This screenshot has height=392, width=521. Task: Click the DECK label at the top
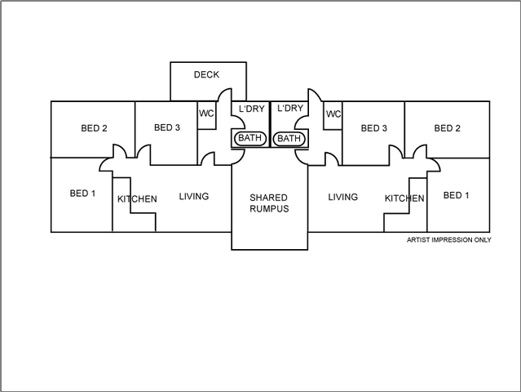click(x=206, y=75)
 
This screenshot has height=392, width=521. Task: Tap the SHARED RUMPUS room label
click(x=269, y=203)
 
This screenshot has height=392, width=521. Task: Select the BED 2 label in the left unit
click(x=95, y=128)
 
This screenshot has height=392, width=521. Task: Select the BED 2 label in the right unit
click(x=448, y=128)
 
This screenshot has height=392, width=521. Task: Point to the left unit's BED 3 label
click(x=167, y=128)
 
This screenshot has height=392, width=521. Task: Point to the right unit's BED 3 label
click(x=374, y=128)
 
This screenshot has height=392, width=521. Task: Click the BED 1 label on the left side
click(x=83, y=194)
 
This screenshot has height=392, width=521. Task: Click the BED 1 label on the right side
click(x=456, y=195)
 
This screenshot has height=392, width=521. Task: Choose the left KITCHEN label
click(x=138, y=199)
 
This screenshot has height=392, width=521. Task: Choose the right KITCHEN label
click(x=404, y=198)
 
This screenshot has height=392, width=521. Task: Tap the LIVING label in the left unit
click(x=194, y=196)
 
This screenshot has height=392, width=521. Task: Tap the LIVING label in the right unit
click(x=343, y=197)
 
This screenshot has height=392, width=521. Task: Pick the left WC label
click(x=207, y=114)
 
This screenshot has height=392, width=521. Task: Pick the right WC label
click(x=333, y=114)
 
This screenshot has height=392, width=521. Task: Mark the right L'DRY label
click(x=290, y=109)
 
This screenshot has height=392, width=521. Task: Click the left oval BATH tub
click(x=249, y=139)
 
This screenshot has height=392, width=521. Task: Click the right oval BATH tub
click(x=289, y=139)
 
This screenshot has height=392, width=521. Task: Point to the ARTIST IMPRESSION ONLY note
click(x=449, y=241)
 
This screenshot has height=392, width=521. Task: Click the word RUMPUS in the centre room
click(x=269, y=209)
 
